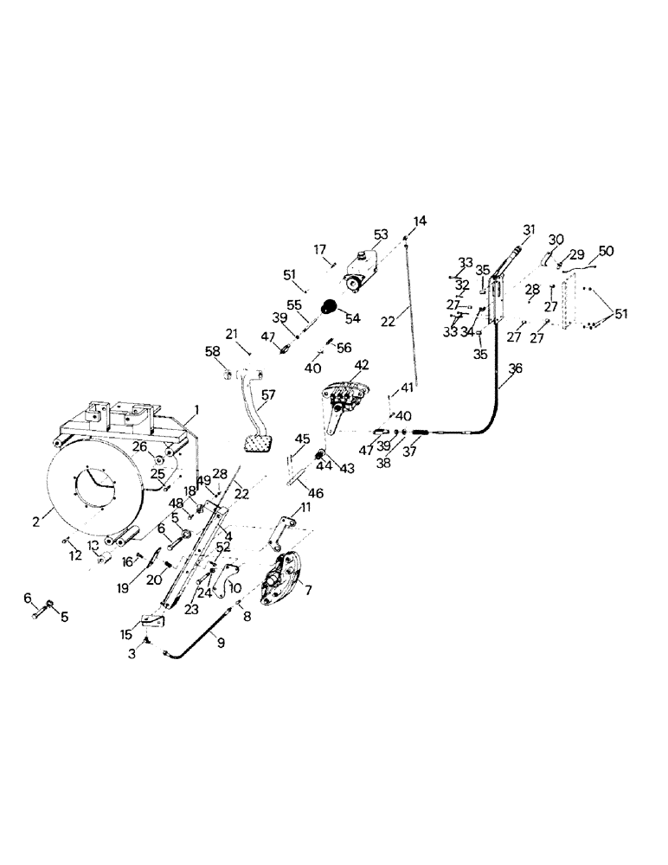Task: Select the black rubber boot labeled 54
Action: pyautogui.click(x=330, y=306)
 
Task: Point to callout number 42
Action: pyautogui.click(x=361, y=364)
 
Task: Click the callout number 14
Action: pyautogui.click(x=420, y=221)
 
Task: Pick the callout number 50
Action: pyautogui.click(x=607, y=250)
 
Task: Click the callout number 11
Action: pyautogui.click(x=305, y=507)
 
